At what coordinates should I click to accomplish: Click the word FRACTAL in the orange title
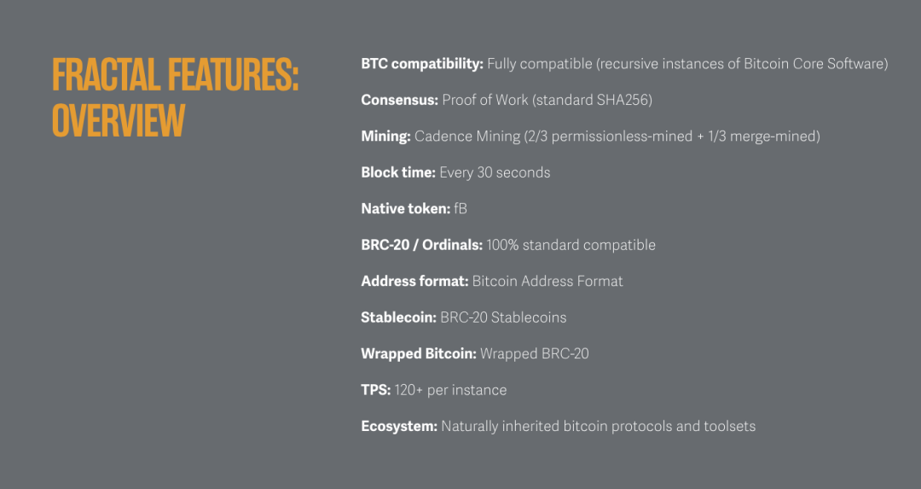107,74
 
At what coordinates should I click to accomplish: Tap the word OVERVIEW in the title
119,120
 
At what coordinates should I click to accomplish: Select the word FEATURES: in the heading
233,74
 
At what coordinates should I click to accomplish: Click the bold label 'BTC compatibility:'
422,64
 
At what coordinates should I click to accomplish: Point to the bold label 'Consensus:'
399,100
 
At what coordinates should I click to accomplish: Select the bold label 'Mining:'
386,137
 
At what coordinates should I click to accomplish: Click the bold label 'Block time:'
398,172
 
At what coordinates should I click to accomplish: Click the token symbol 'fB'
460,208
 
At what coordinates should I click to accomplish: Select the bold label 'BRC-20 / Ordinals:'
422,245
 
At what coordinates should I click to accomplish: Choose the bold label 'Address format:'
414,282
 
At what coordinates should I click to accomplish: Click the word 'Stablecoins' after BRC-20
529,318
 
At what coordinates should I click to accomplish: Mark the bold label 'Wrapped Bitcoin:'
419,354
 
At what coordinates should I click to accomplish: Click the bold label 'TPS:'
376,390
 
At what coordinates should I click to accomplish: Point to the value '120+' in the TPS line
408,390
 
